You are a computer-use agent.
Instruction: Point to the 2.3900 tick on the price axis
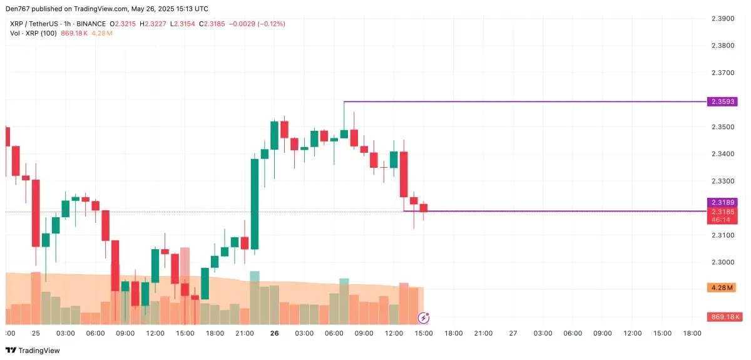pyautogui.click(x=724, y=19)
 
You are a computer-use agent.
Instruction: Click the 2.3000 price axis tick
pyautogui.click(x=724, y=262)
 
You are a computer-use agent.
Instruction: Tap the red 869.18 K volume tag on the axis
pyautogui.click(x=724, y=317)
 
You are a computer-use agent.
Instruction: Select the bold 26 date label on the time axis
pyautogui.click(x=274, y=334)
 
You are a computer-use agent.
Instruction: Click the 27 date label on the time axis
pyautogui.click(x=513, y=334)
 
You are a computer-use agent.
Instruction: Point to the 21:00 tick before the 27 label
pyautogui.click(x=483, y=334)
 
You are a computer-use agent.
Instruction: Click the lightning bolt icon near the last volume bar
pyautogui.click(x=424, y=317)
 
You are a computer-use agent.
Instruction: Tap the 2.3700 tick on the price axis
pyautogui.click(x=724, y=73)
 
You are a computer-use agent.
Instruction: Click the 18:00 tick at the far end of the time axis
pyautogui.click(x=693, y=334)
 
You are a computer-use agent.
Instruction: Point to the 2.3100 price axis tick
pyautogui.click(x=724, y=235)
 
